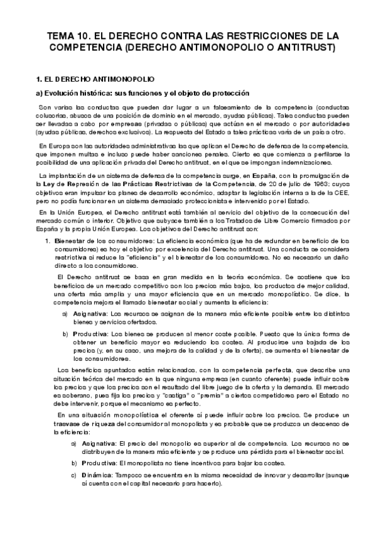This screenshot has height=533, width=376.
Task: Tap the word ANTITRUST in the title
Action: pos(308,47)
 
